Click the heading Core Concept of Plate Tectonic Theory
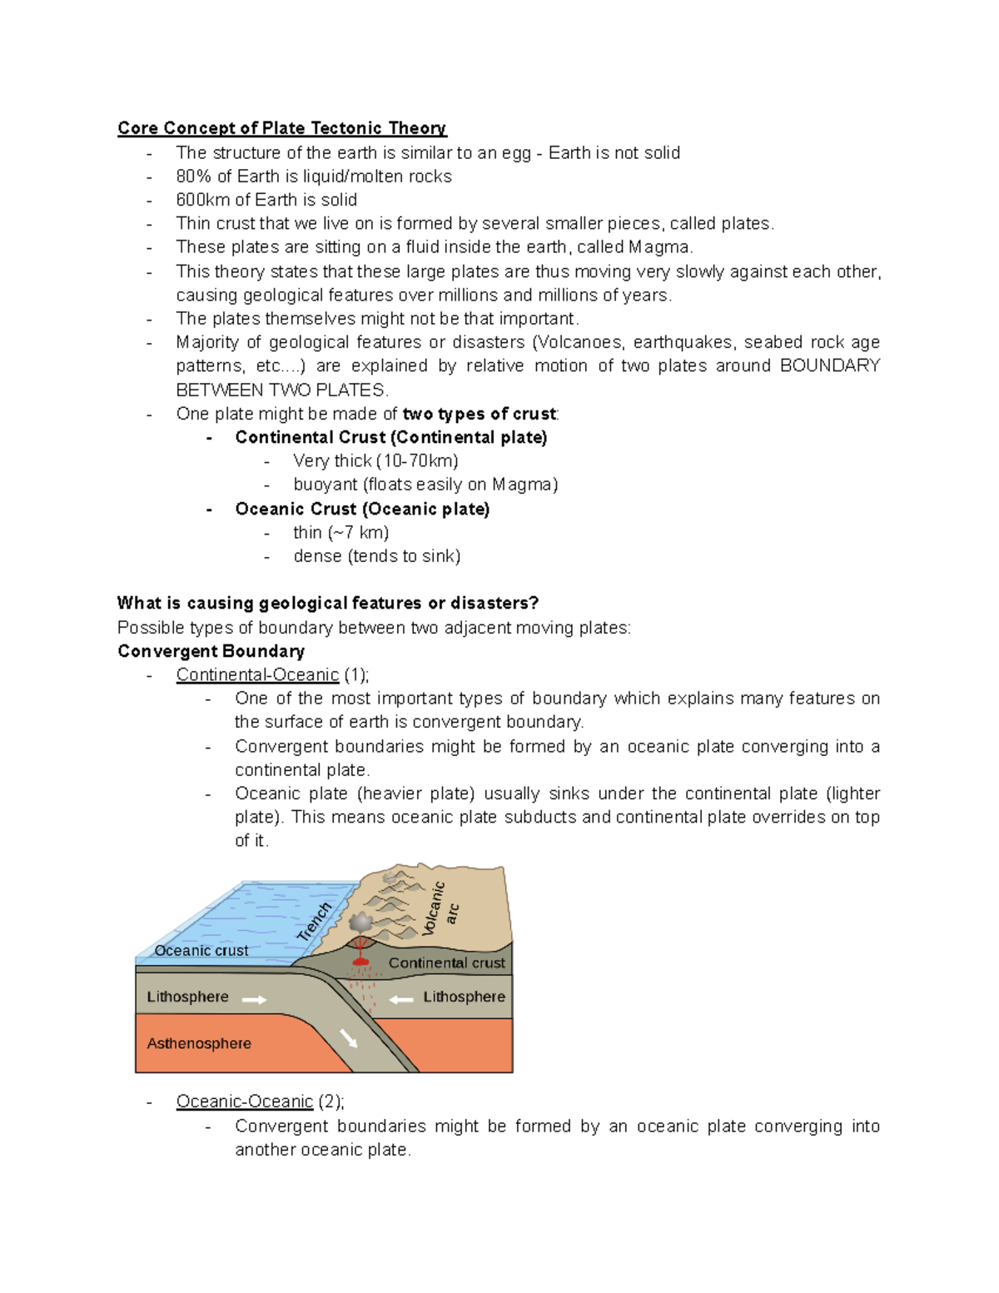(x=281, y=128)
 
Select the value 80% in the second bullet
(x=193, y=177)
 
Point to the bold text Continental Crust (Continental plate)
(x=390, y=437)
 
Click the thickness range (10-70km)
(x=417, y=461)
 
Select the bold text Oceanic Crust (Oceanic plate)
(x=362, y=509)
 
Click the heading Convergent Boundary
(x=211, y=651)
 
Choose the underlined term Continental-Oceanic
(x=257, y=675)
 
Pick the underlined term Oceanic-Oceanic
(x=244, y=1102)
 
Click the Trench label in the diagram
(x=315, y=922)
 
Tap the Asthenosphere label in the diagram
(x=199, y=1043)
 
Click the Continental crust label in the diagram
(x=446, y=963)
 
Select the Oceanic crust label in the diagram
(x=201, y=951)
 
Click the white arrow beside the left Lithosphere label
(x=254, y=999)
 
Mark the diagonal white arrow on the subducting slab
(x=348, y=1037)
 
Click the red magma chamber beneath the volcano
(x=360, y=962)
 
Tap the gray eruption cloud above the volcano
(x=360, y=923)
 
